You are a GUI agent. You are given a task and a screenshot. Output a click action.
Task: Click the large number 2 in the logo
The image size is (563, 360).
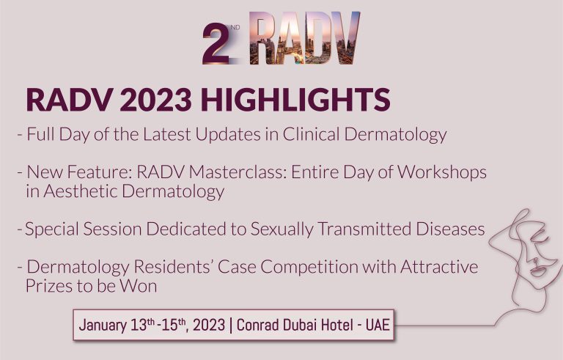pos(216,43)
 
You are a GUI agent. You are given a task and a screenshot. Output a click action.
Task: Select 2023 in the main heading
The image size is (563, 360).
pos(156,100)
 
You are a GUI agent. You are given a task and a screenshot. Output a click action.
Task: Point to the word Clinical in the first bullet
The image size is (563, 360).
pos(311,134)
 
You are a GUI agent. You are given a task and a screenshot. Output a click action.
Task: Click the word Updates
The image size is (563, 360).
pos(228,135)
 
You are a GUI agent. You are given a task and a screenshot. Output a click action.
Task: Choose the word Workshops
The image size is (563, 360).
pos(442,172)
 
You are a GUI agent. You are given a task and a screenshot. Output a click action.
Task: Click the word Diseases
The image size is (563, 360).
pos(450,229)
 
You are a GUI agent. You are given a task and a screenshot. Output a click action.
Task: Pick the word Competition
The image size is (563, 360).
pos(309,268)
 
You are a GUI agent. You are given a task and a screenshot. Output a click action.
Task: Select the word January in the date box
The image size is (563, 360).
pos(103,325)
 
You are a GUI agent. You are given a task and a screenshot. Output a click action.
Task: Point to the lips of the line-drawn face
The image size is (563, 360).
pos(538,270)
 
